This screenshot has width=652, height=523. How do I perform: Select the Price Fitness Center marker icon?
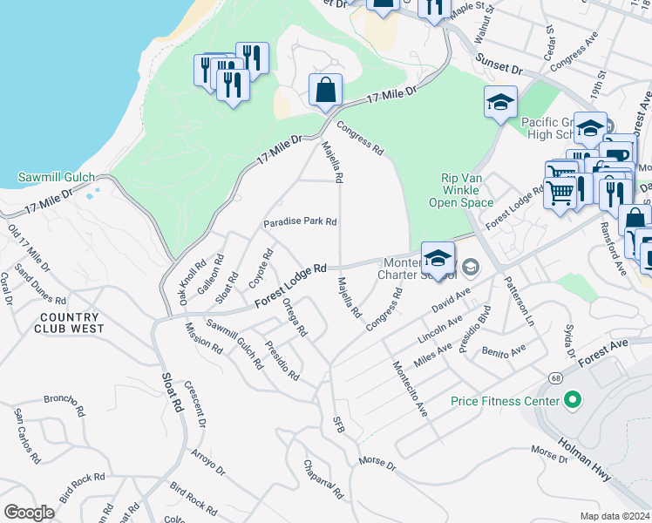pos(573,401)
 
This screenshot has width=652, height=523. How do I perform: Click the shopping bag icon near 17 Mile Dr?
pos(325,90)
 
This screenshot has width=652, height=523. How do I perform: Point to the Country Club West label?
pos(70,323)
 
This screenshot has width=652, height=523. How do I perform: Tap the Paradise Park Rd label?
pos(301,221)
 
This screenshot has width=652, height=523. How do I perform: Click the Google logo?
pos(29,513)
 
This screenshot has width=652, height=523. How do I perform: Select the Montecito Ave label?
pos(409,388)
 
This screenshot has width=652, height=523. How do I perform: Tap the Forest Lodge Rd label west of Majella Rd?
pos(290,285)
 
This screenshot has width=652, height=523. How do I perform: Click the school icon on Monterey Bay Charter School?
pos(438,258)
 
